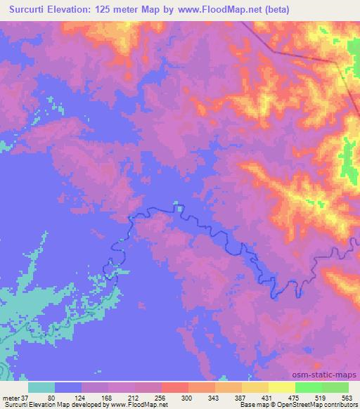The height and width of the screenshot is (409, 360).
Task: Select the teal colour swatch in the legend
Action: (41, 387)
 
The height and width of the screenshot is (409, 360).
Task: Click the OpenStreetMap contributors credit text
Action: (320, 405)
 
